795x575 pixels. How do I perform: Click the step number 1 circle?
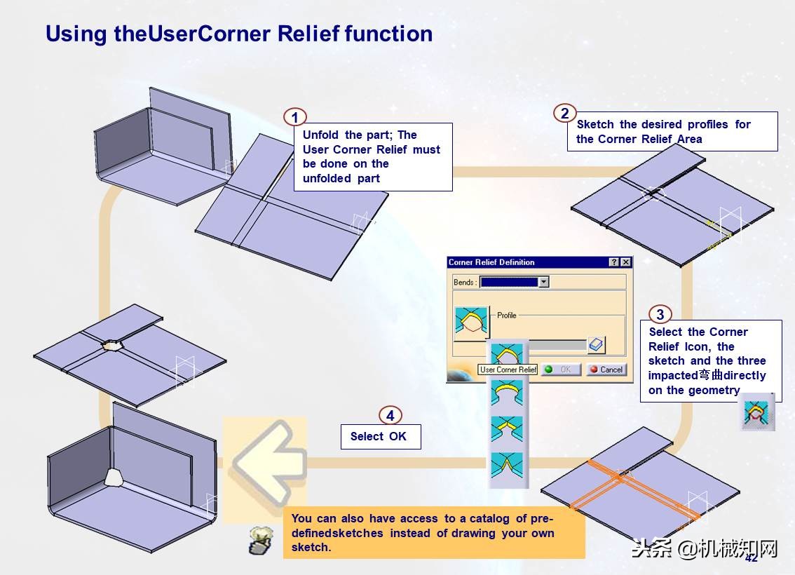(x=294, y=118)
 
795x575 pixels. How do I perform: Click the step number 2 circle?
(x=565, y=113)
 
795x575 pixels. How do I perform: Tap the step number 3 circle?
(x=660, y=314)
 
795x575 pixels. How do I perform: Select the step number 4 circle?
(x=390, y=416)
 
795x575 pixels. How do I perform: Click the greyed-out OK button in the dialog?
(x=561, y=370)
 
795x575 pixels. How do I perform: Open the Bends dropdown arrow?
(x=543, y=282)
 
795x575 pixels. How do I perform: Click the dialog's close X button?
(x=626, y=262)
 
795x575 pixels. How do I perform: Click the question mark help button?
(x=615, y=262)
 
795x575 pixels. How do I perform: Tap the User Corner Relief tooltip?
(x=508, y=370)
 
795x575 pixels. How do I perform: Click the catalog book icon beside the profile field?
(x=596, y=345)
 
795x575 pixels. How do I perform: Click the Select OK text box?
(x=381, y=437)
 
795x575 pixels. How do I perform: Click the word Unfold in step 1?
(x=320, y=135)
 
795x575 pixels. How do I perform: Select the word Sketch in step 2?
(x=595, y=124)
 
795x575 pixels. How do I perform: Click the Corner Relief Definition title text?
(x=491, y=262)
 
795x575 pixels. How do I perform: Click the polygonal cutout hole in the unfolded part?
(x=112, y=345)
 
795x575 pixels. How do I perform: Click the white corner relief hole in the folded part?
(x=114, y=477)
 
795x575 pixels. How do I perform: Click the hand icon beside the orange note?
(x=261, y=539)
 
